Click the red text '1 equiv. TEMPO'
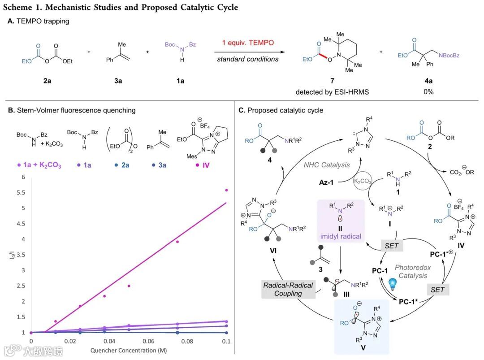tap(247, 43)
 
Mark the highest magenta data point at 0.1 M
tap(226, 190)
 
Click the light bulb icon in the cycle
tap(393, 284)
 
